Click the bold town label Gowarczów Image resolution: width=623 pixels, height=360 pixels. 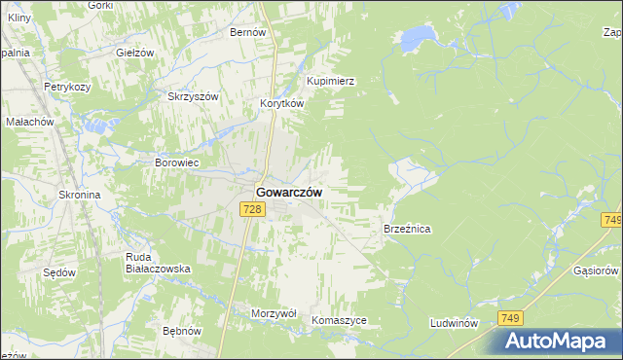point(290,193)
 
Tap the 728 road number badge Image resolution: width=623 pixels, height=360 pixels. point(252,210)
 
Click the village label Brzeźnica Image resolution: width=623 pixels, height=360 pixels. point(407,229)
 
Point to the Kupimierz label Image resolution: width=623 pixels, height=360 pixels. point(330,82)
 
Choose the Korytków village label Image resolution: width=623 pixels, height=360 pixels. point(282,103)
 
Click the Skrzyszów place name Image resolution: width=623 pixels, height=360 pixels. point(193,97)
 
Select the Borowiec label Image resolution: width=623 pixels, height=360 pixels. point(177,162)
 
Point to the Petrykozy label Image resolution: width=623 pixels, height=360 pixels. point(67,87)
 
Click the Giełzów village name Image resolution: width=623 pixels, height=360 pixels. point(135,53)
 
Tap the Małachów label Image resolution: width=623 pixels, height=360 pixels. point(29,123)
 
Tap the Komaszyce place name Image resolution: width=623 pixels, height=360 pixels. point(339,320)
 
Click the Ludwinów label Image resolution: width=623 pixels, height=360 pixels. point(455,322)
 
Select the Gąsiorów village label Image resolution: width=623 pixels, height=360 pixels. point(597,270)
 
